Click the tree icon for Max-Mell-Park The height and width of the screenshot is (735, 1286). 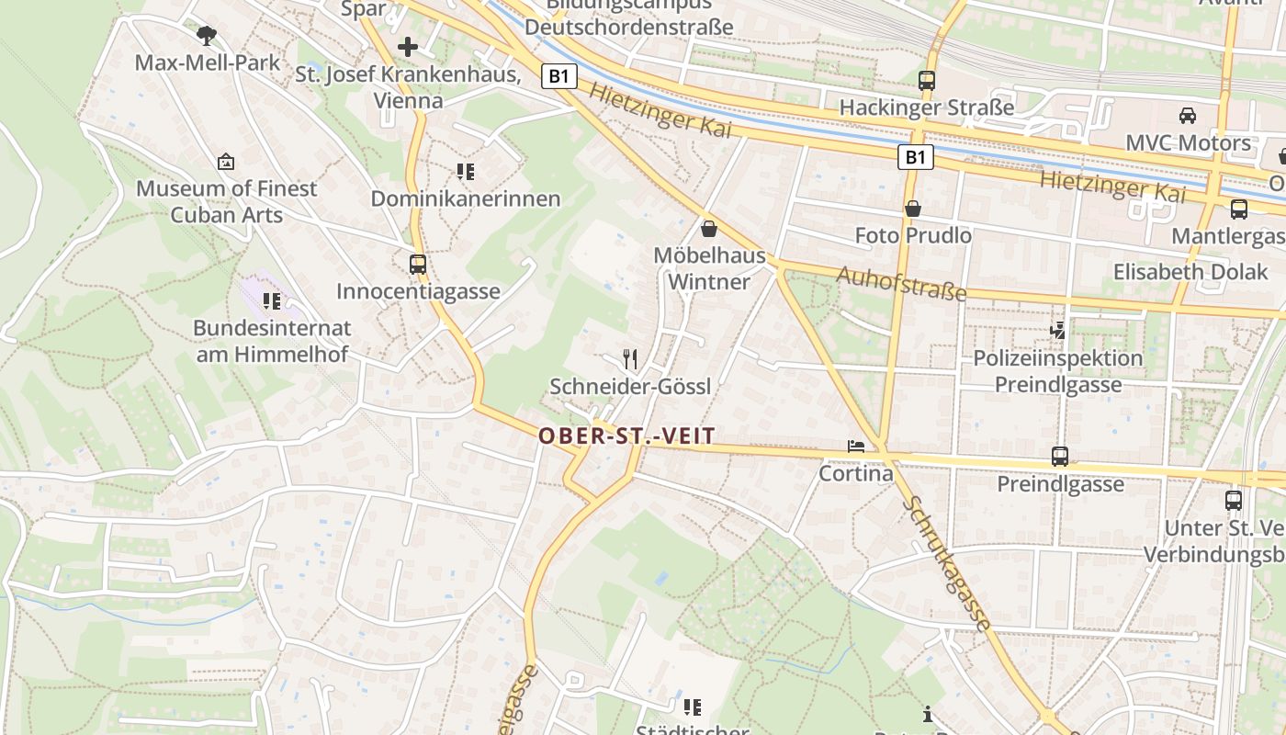(207, 36)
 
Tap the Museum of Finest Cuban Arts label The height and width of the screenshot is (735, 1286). (227, 201)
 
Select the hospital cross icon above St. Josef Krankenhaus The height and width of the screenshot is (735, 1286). (408, 46)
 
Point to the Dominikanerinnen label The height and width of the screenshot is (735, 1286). (465, 198)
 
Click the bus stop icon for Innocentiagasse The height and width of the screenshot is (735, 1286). (418, 265)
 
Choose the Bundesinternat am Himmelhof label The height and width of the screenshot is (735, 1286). (272, 341)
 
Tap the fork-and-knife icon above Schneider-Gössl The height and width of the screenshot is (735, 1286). (629, 358)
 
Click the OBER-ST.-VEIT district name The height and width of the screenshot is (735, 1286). (626, 436)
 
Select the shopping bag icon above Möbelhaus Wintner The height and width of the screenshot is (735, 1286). (708, 229)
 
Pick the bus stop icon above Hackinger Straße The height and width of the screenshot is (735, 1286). (927, 81)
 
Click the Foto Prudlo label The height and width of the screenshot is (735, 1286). (912, 236)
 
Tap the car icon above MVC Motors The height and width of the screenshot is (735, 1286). (1188, 116)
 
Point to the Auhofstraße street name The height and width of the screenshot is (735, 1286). (901, 283)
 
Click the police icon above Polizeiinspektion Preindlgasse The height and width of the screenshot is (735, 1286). (1058, 330)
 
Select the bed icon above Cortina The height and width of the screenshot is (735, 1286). (856, 447)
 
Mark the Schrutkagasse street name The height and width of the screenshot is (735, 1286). (946, 563)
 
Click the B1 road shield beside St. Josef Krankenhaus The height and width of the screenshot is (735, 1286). (559, 75)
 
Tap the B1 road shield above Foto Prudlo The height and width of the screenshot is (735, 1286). (915, 157)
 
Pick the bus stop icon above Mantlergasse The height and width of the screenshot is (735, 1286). (1238, 209)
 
